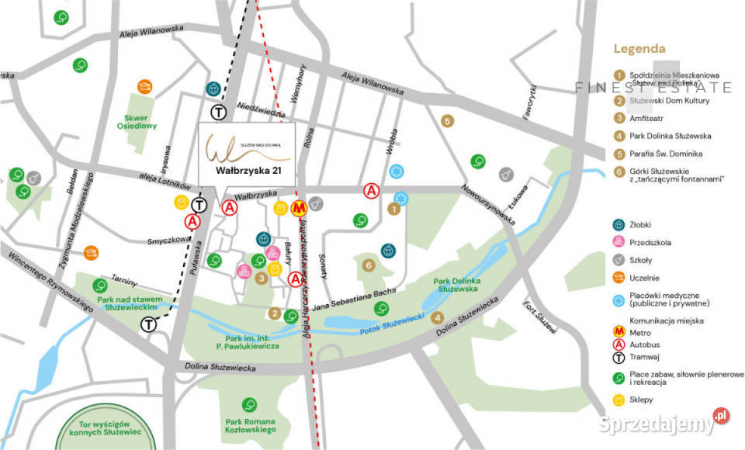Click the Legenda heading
[x=639, y=48]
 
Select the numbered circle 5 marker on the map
[x=446, y=121]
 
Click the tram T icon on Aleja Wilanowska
[x=218, y=112]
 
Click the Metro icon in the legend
[x=619, y=332]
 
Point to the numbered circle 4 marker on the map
[x=438, y=318]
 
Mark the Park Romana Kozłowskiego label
[x=250, y=424]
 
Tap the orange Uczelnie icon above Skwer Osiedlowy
[x=144, y=86]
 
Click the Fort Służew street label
[x=540, y=316]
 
